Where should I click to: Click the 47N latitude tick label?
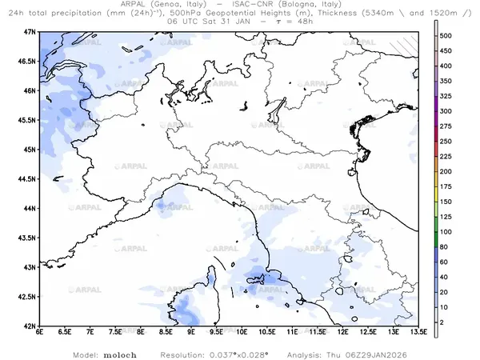31,31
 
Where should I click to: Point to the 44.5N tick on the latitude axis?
28,178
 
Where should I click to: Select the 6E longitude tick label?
39,333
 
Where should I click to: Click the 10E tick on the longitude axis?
242,333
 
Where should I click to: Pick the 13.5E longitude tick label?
418,333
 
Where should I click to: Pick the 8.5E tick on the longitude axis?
166,333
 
